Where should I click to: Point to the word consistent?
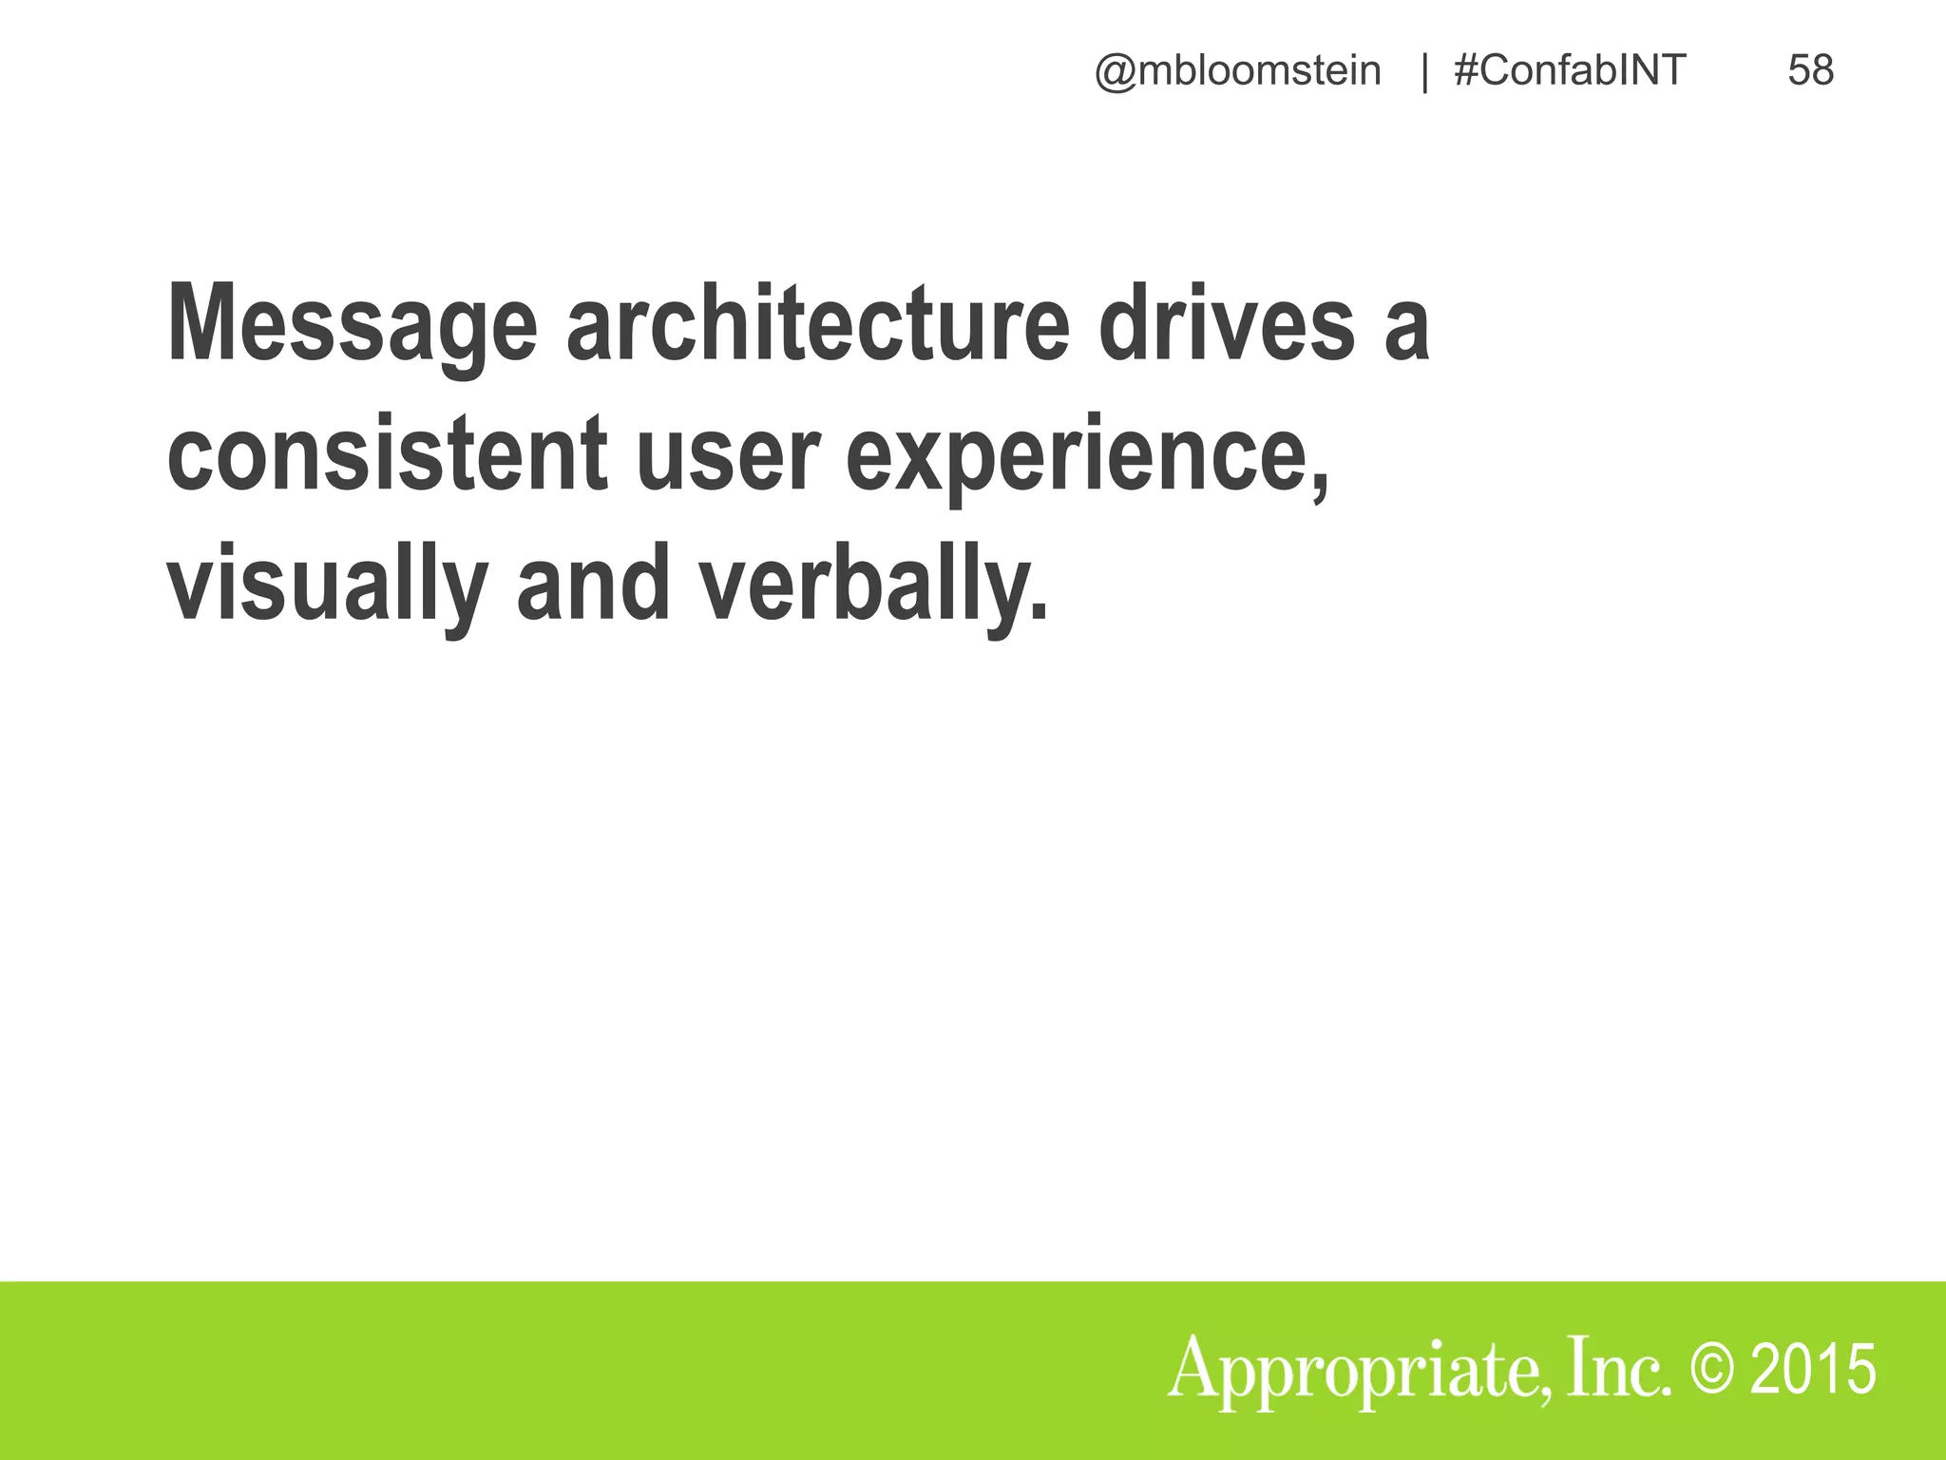pos(388,454)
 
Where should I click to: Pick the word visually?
pos(328,586)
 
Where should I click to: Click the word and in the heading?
pos(594,584)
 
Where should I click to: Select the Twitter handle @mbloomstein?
pos(1238,71)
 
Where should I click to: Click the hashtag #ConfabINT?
pos(1570,71)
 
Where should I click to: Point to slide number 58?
pos(1810,71)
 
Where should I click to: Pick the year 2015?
pos(1813,1370)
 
